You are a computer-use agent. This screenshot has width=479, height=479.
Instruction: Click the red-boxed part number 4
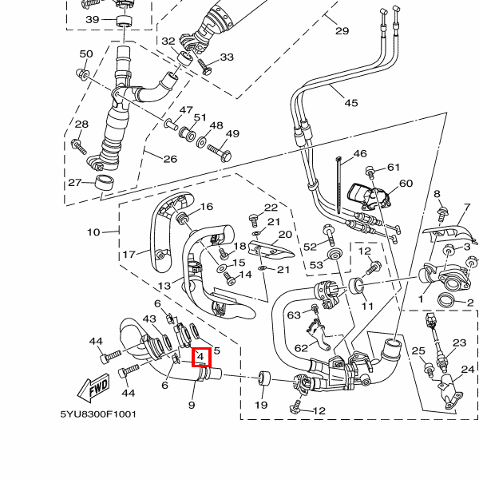pyautogui.click(x=200, y=357)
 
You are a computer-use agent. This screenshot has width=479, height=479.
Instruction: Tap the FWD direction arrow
pyautogui.click(x=93, y=390)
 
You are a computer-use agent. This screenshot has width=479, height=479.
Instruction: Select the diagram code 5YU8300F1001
pyautogui.click(x=98, y=414)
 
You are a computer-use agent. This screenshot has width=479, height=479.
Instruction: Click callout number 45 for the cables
pyautogui.click(x=351, y=102)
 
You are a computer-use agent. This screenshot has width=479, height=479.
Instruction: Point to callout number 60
pyautogui.click(x=406, y=184)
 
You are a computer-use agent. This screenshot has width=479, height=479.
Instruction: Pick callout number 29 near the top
pyautogui.click(x=342, y=31)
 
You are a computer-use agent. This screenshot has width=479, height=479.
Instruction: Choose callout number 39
pyautogui.click(x=92, y=19)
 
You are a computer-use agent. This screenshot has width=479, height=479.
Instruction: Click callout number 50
pyautogui.click(x=86, y=53)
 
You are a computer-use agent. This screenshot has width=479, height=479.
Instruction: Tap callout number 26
pyautogui.click(x=170, y=159)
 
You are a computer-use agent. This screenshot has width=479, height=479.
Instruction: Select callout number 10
pyautogui.click(x=94, y=232)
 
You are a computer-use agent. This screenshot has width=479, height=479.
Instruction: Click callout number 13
pyautogui.click(x=164, y=286)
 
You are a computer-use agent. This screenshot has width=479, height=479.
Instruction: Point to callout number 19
pyautogui.click(x=260, y=406)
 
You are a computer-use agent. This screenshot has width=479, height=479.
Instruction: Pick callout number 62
pyautogui.click(x=300, y=348)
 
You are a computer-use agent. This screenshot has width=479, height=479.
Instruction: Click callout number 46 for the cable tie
pyautogui.click(x=359, y=154)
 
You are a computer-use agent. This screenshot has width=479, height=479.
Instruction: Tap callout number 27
pyautogui.click(x=75, y=183)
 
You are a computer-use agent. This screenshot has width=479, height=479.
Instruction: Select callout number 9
pyautogui.click(x=192, y=406)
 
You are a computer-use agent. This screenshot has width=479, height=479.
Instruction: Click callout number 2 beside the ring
pyautogui.click(x=470, y=303)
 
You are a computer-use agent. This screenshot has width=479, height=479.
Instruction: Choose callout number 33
pyautogui.click(x=227, y=57)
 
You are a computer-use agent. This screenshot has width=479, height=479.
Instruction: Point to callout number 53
pyautogui.click(x=316, y=265)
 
